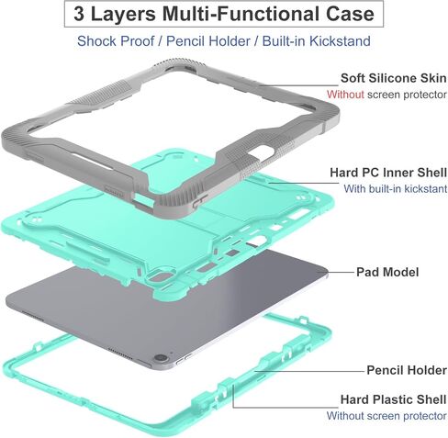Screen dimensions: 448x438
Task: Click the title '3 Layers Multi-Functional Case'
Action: click(224, 14)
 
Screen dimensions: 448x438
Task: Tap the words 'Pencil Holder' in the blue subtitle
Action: click(208, 41)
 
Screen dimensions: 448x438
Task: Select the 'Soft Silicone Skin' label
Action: click(394, 78)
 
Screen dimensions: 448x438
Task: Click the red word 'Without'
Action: click(345, 95)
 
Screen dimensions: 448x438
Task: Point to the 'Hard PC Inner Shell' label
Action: click(388, 173)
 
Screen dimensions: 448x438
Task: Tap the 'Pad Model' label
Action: click(387, 272)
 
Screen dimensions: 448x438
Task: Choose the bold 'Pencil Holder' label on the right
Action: click(407, 370)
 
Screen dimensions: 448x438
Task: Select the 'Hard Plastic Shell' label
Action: click(394, 399)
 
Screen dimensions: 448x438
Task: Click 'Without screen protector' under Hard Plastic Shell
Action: click(386, 416)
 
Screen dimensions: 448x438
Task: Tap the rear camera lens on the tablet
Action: click(161, 358)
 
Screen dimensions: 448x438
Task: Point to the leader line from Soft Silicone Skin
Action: click(300, 85)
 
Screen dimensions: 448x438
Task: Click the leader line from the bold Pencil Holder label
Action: click(309, 371)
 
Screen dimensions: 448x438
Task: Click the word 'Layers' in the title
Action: click(123, 14)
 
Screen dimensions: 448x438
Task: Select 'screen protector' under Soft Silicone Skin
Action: click(407, 95)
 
